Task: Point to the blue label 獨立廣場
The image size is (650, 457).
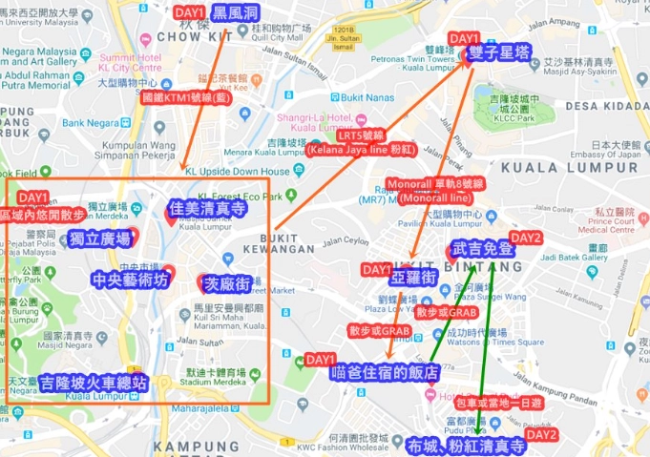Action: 99,239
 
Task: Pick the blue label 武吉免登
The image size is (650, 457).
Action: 483,250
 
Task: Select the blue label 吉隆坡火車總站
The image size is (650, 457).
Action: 94,384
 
